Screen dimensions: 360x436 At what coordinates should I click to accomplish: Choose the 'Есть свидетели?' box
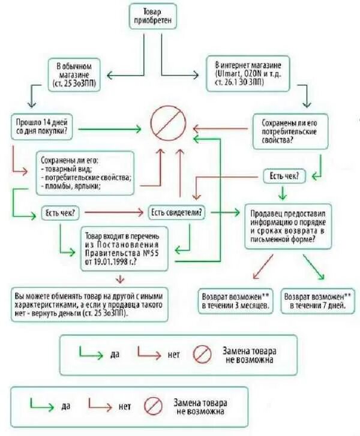[176, 212]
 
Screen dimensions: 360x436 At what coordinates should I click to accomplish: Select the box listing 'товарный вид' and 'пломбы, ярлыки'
[86, 174]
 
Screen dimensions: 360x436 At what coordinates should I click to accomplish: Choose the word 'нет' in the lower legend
[124, 406]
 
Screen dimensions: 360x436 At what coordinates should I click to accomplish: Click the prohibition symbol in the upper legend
[202, 354]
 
